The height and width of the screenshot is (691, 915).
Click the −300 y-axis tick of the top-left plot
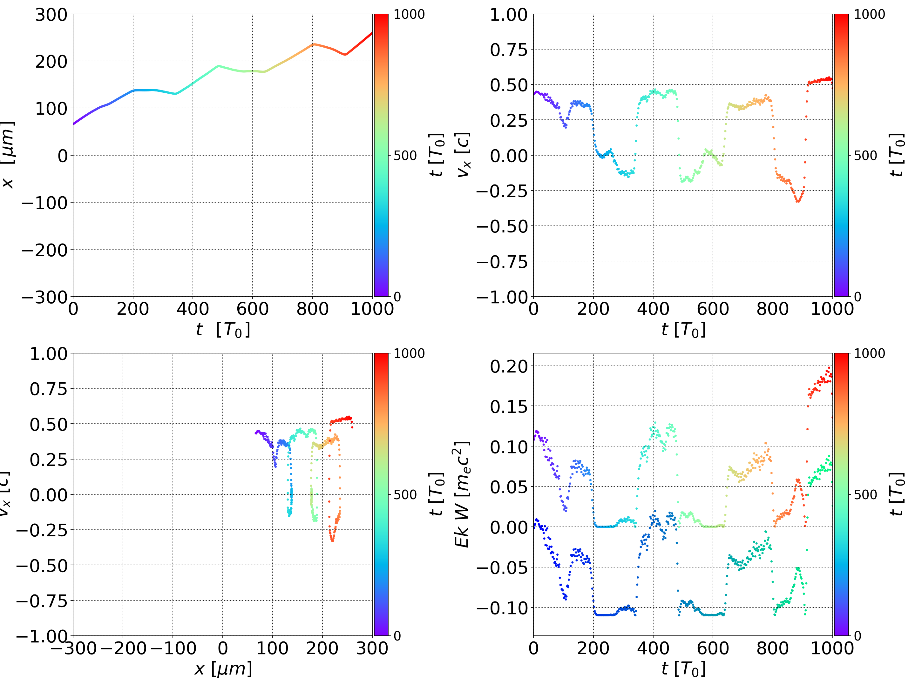(x=44, y=297)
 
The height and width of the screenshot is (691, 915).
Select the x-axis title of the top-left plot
(x=223, y=330)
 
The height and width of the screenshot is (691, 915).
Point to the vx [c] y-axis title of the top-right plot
(x=463, y=155)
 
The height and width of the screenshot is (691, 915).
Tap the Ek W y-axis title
(x=462, y=494)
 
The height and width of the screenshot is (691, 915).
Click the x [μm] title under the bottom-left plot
(x=223, y=669)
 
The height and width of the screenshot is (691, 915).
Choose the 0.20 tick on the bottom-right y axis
(x=509, y=366)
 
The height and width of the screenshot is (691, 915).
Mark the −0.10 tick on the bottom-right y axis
(x=502, y=608)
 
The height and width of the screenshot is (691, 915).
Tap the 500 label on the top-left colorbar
(x=405, y=156)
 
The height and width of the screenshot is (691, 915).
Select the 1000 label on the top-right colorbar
(x=870, y=15)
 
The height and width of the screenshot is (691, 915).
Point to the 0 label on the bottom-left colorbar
(x=397, y=636)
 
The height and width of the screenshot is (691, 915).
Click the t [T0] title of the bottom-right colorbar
(x=896, y=494)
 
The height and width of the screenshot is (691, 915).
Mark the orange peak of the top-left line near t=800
(x=313, y=44)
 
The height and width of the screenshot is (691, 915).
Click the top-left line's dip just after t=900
(x=345, y=55)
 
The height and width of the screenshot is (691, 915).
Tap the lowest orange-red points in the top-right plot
(x=798, y=201)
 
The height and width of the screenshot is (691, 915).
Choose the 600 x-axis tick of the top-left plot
(x=253, y=309)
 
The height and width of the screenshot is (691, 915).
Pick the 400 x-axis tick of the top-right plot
(x=653, y=309)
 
